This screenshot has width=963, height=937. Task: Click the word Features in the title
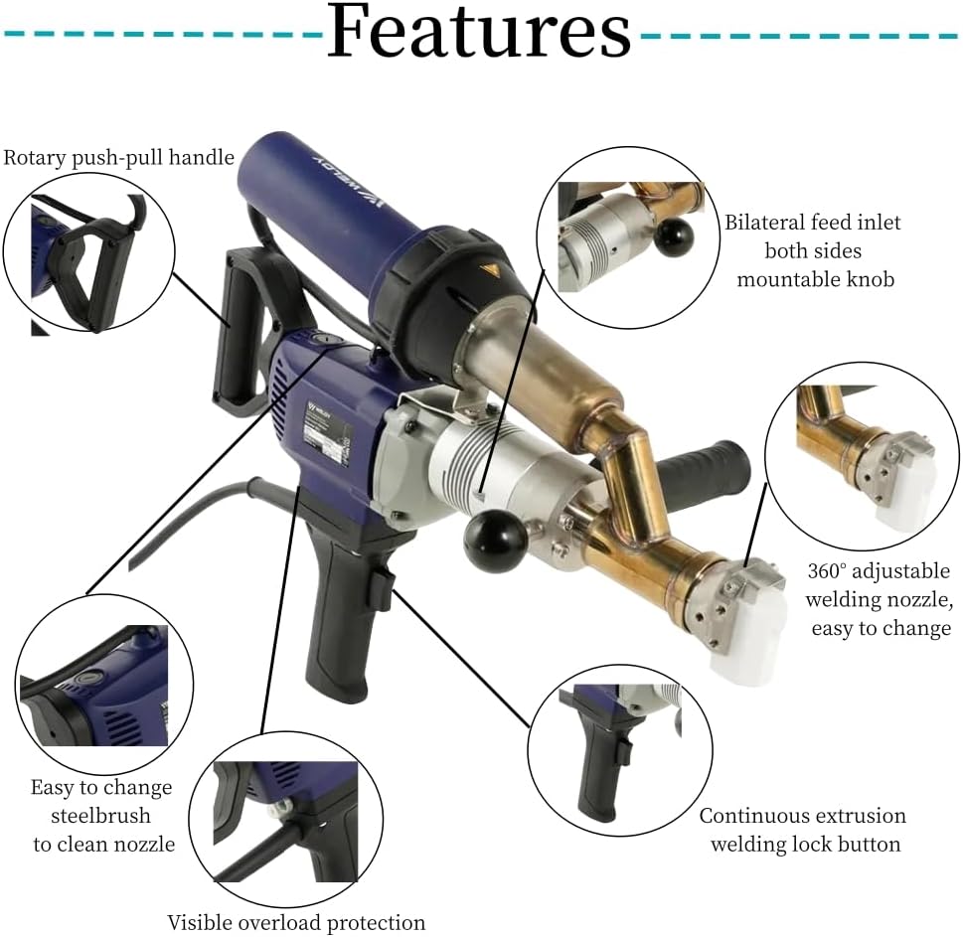pos(478,32)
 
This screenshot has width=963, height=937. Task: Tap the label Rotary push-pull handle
pos(118,157)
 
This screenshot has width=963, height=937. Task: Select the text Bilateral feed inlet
pos(812,223)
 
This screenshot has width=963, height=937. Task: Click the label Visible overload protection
pos(296,922)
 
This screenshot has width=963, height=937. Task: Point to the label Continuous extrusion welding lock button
pos(802,830)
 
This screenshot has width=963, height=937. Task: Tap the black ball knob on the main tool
pos(494,542)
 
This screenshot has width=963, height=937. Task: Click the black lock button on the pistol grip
pos(382,589)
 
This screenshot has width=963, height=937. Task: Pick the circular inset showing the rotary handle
pos(88,252)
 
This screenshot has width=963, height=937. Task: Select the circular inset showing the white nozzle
pos(862,456)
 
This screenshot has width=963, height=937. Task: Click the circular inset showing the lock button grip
pos(619,752)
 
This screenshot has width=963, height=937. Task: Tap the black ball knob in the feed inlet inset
pos(675,237)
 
